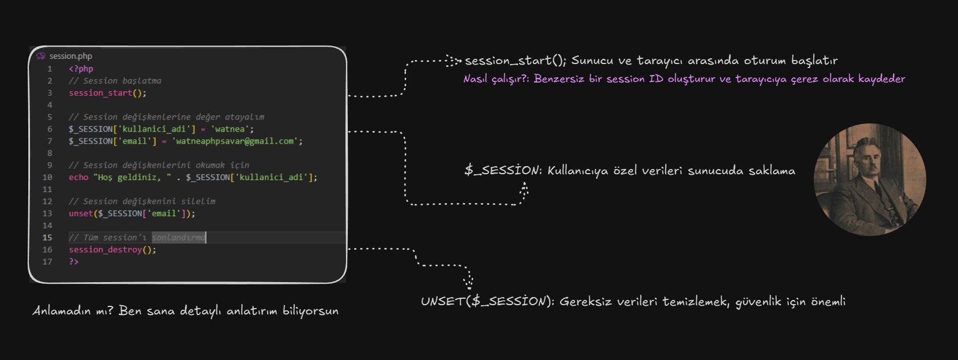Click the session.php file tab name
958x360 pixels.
(x=70, y=56)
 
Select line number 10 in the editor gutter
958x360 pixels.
(x=47, y=177)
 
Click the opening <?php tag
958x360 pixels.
(x=81, y=69)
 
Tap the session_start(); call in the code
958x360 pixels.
(x=107, y=93)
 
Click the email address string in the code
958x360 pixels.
(x=235, y=141)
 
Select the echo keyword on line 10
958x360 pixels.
(x=78, y=177)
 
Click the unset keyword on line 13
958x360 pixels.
(x=81, y=213)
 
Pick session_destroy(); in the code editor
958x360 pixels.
(x=112, y=250)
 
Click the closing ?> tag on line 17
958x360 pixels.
(x=74, y=262)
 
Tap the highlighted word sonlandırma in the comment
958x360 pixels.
(x=179, y=237)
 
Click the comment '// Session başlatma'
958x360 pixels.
(x=115, y=81)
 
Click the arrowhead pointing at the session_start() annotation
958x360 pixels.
(x=453, y=61)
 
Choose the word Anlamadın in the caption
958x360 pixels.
(x=62, y=310)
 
